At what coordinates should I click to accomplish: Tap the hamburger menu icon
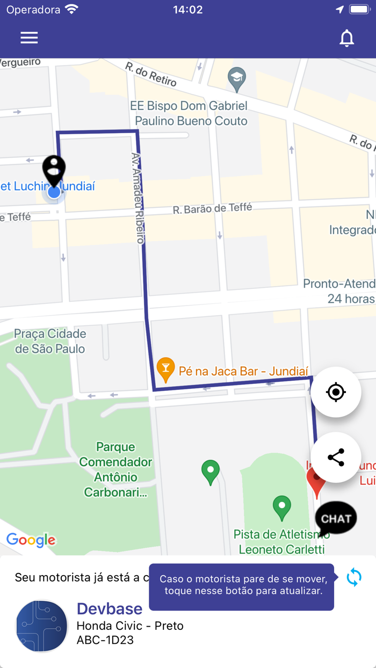[29, 38]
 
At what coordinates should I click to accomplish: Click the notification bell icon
[347, 38]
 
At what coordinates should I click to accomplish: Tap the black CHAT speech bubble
[336, 518]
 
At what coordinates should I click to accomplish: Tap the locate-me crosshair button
[336, 392]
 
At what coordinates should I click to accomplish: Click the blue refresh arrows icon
[354, 577]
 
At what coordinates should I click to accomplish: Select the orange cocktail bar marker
[165, 369]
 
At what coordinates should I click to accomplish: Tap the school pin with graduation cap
[236, 79]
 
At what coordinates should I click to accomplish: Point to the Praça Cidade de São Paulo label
[50, 342]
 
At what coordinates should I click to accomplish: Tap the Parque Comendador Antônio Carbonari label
[115, 469]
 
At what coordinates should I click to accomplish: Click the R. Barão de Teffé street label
[212, 208]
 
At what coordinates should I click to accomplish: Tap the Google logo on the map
[31, 540]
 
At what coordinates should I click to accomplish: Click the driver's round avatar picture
[42, 626]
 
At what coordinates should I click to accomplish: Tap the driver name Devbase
[110, 608]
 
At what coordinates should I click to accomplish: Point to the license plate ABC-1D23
[105, 640]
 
